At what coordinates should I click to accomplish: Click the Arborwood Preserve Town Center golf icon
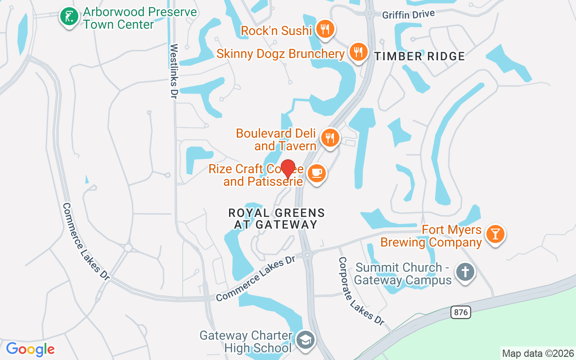pos(69,17)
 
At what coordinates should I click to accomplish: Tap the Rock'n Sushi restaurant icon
pos(324,29)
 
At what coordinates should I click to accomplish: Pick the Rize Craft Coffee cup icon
pos(317,173)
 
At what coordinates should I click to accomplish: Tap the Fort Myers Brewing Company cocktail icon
pos(495,234)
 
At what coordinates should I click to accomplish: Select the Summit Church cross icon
pos(465,272)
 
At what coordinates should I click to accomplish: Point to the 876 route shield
pos(461,312)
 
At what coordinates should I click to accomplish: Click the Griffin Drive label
pos(409,14)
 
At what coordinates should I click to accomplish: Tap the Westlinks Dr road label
pos(174,71)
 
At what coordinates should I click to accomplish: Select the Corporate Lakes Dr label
pos(361,291)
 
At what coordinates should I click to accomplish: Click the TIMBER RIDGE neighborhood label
pos(420,56)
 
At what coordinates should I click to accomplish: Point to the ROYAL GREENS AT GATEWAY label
pos(276,218)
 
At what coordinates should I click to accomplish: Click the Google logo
pos(30,349)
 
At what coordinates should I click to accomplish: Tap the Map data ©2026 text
pos(538,353)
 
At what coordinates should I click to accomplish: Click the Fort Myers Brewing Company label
pos(431,236)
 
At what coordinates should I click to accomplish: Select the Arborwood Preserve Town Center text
pos(139,18)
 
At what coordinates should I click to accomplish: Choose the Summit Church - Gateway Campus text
pos(402,274)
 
